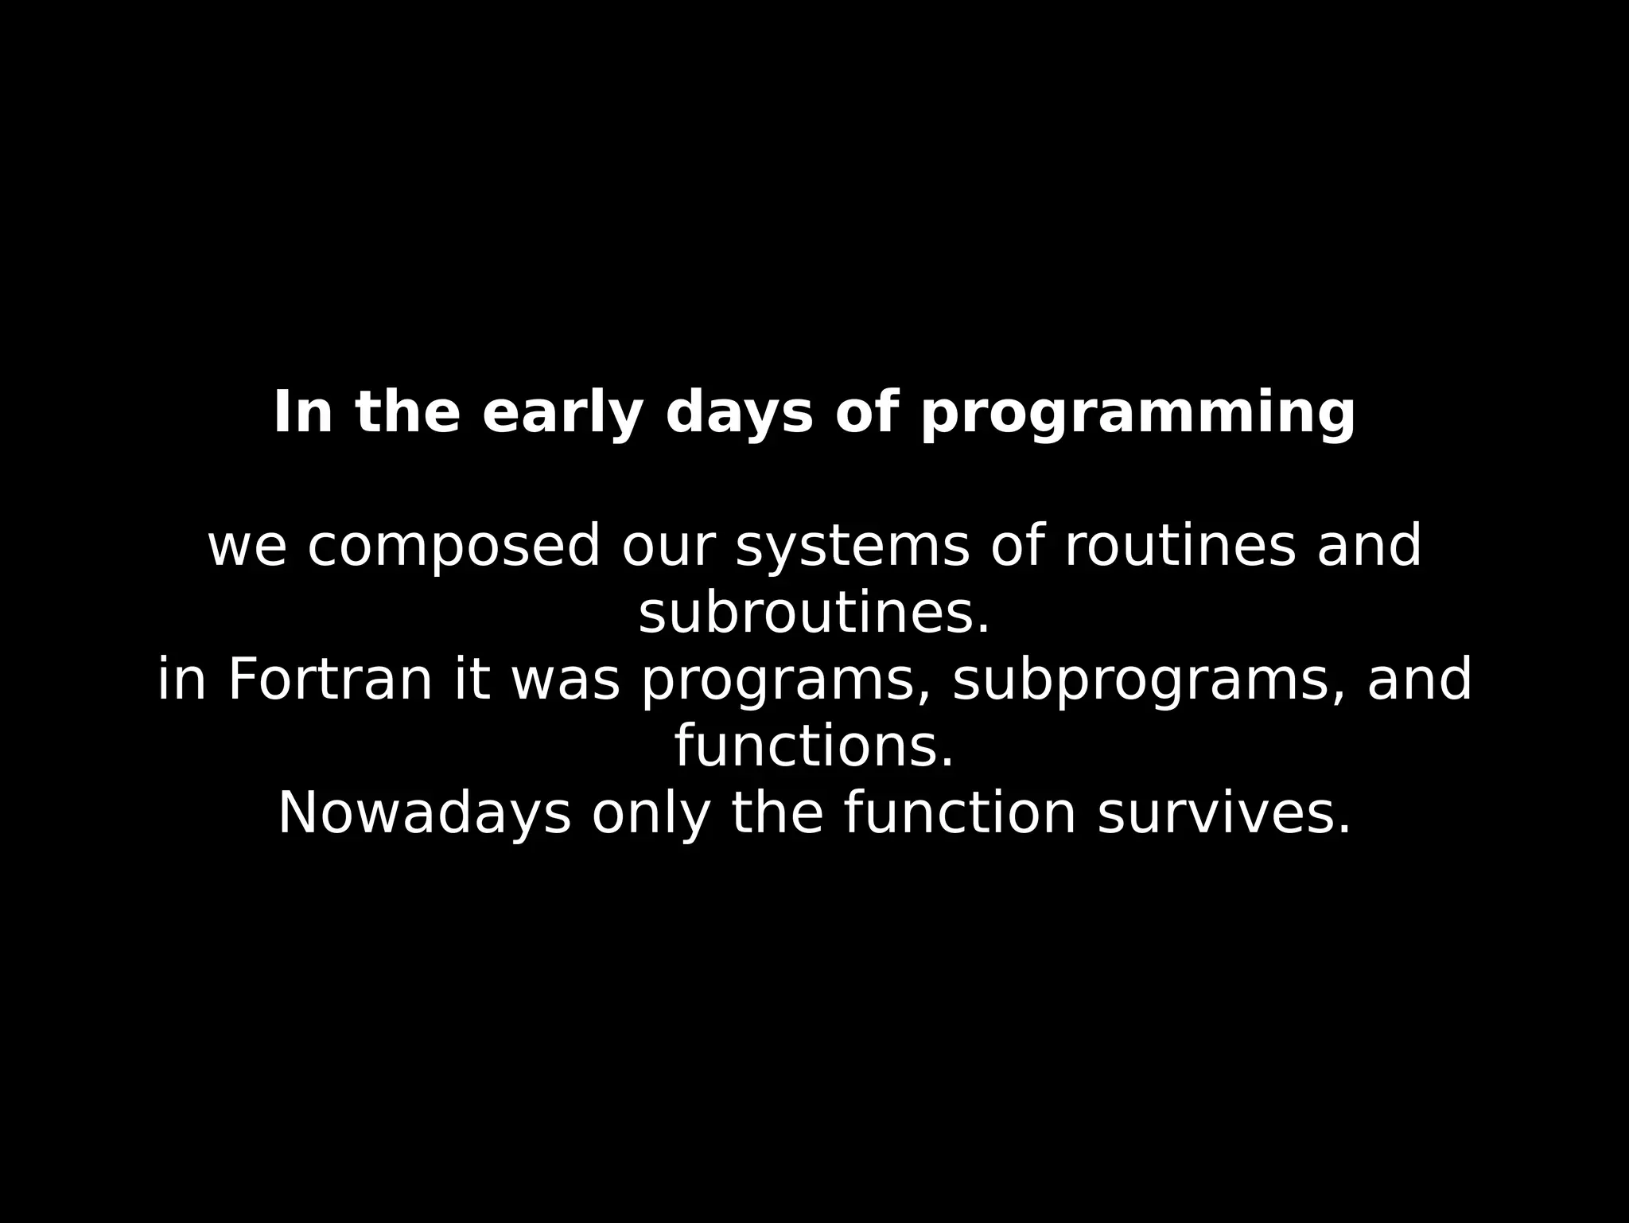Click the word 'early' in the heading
click(x=562, y=414)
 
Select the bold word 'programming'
click(x=1137, y=414)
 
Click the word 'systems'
click(x=853, y=547)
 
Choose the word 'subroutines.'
click(x=814, y=614)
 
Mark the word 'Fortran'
click(x=330, y=681)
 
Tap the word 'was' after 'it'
click(x=565, y=681)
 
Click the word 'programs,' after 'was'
click(x=786, y=681)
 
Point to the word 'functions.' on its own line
click(x=814, y=748)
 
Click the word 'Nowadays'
click(x=424, y=815)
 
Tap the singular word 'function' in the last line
click(x=960, y=815)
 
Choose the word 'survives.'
click(x=1223, y=815)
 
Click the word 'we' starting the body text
click(x=247, y=547)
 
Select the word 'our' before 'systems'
click(x=668, y=547)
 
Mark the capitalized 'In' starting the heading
click(x=302, y=414)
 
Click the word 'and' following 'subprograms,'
click(x=1419, y=681)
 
